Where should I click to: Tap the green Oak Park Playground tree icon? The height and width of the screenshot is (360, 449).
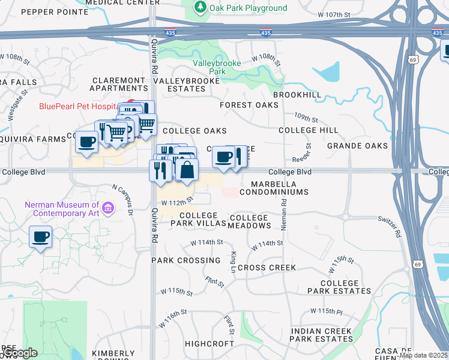200,8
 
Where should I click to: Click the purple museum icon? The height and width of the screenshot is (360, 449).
108,208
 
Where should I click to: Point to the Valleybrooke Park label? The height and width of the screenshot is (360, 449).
217,67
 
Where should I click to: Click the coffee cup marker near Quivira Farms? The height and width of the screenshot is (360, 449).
86,142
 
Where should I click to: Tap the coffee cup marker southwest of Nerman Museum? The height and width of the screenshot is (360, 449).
40,237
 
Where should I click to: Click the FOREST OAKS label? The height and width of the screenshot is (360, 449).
249,105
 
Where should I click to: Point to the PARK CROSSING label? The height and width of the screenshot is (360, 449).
185,260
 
